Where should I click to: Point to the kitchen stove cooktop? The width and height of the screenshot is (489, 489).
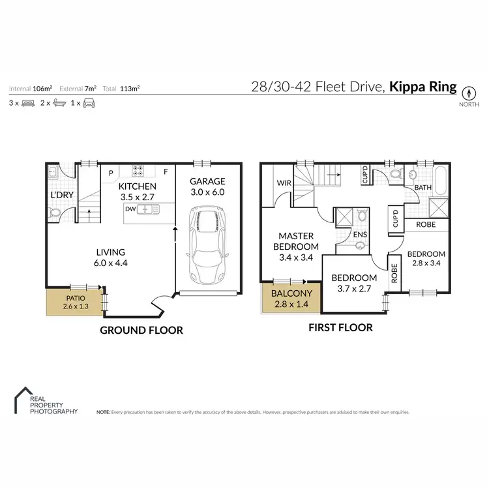139,171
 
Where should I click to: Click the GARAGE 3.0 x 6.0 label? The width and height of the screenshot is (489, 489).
207,186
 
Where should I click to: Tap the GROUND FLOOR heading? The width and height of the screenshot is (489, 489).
141,331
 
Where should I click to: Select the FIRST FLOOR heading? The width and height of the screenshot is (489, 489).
340,328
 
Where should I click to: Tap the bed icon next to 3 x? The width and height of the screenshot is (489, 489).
29,103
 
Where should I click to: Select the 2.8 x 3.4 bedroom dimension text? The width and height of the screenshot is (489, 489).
426,265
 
